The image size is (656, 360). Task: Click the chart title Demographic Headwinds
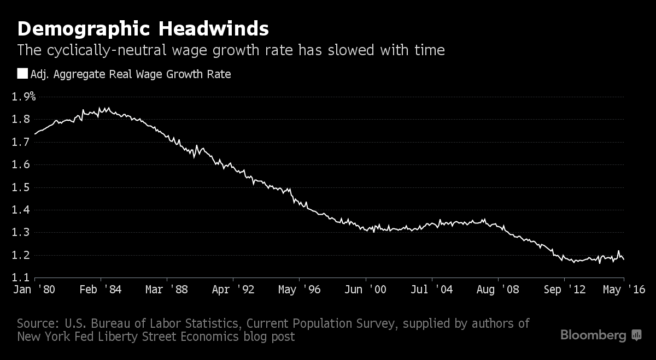point(143,28)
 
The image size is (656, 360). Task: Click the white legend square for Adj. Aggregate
point(22,74)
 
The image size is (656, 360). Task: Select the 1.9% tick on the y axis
point(24,97)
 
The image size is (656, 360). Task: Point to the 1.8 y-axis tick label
point(21,120)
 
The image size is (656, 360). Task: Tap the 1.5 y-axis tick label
point(21,187)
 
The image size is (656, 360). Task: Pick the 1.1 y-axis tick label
point(21,278)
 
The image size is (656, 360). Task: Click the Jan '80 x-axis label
point(33,290)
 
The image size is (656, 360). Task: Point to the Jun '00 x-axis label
point(365,290)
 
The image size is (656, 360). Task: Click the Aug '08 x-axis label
point(498,290)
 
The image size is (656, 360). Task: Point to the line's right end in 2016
point(624,259)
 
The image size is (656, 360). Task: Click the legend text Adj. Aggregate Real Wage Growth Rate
point(131,74)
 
